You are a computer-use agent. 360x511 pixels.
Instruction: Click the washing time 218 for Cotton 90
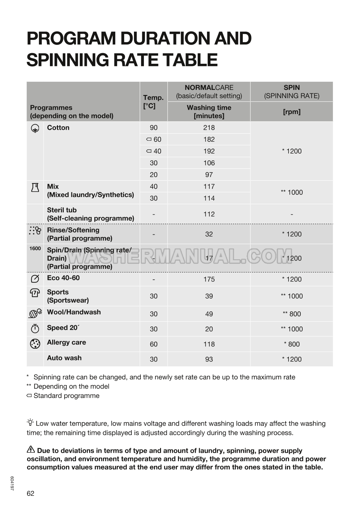point(209,128)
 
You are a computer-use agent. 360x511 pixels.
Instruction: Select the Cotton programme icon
point(35,128)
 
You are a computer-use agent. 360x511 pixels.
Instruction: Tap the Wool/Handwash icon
point(35,313)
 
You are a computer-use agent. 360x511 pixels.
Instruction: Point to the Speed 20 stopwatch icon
point(35,328)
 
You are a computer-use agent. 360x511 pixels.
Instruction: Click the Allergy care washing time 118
point(209,344)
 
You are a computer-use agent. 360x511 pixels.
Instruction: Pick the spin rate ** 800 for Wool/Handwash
point(292,314)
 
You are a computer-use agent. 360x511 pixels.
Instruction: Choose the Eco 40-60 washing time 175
point(209,279)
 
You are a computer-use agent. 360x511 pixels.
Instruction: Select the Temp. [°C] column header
point(153,101)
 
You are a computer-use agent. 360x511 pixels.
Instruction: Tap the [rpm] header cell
point(292,112)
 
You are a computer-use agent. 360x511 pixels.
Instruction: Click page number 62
point(30,493)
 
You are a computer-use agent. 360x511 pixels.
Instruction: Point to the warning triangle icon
point(31,449)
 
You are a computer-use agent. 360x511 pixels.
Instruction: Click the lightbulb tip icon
point(30,422)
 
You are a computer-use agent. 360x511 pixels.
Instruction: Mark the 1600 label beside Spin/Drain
point(35,248)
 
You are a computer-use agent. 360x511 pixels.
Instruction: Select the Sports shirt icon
point(35,293)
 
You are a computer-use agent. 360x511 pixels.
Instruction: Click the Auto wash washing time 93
point(209,359)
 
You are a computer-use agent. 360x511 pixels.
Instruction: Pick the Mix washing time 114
point(209,198)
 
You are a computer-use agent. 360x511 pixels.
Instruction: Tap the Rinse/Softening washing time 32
point(209,234)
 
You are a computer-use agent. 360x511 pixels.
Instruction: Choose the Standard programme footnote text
point(66,396)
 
